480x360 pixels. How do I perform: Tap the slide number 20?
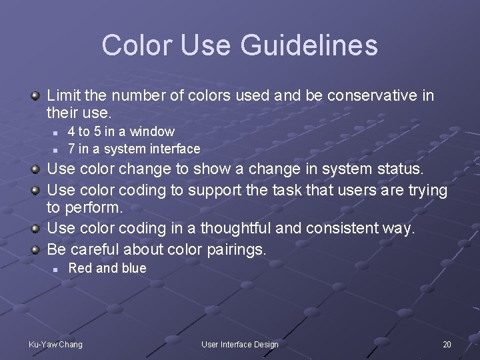coord(447,344)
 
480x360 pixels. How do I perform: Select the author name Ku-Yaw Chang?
coord(55,344)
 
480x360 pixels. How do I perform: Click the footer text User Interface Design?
coord(240,344)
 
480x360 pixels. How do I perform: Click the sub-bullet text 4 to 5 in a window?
coord(121,131)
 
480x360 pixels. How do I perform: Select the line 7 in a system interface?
coord(134,149)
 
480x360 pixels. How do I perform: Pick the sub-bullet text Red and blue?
coord(107,268)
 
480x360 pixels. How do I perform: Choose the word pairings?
coord(236,250)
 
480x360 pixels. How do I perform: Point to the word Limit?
coord(62,96)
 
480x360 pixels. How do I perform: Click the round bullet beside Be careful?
coord(35,250)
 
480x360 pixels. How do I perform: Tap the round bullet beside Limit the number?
coord(35,96)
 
